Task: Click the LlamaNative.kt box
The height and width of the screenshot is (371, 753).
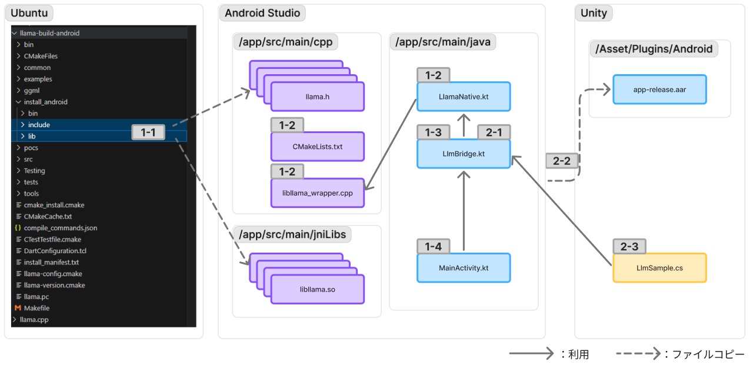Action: [x=464, y=97]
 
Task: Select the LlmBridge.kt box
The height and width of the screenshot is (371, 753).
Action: [x=464, y=154]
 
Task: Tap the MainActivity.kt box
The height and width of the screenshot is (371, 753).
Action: [x=464, y=268]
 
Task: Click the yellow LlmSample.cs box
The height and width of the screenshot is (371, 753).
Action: [x=659, y=268]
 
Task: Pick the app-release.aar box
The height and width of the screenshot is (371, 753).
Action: [x=659, y=90]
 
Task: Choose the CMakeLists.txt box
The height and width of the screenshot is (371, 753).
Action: [x=317, y=147]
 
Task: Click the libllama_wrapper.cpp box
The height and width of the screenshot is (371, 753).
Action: [x=317, y=193]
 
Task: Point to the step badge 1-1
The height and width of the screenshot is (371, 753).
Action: [x=148, y=133]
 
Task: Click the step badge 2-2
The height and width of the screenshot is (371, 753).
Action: [x=562, y=161]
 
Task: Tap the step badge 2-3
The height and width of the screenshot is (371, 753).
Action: [x=629, y=246]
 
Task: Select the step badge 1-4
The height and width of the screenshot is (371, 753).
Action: [x=433, y=246]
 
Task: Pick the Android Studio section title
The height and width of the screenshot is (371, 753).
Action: [x=262, y=13]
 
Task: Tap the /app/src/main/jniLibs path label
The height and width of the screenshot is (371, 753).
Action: [x=292, y=234]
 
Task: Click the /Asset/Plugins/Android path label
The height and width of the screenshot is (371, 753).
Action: [x=654, y=49]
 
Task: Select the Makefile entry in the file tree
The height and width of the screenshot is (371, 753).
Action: [x=36, y=308]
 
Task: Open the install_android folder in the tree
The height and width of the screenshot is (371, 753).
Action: [x=45, y=102]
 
